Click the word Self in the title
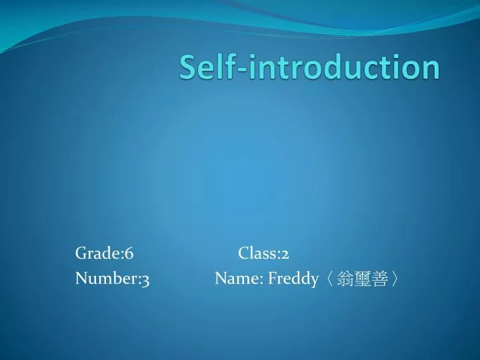point(205,67)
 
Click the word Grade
point(97,254)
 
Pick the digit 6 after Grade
point(129,254)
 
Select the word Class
point(257,254)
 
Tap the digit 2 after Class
point(285,255)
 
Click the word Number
point(106,279)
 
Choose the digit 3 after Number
point(145,280)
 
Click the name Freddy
point(293,280)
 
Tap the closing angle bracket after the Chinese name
point(396,279)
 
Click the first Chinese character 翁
point(346,279)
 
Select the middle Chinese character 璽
point(363,279)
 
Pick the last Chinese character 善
point(380,279)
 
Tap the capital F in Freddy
point(272,279)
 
